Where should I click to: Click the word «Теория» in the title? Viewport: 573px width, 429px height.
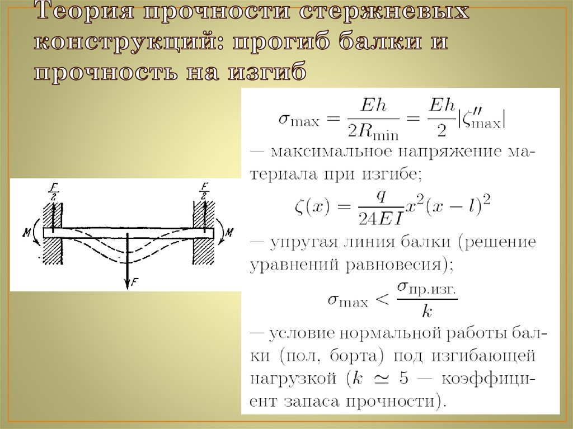click(85, 11)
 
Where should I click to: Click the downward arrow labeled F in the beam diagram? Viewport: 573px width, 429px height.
click(128, 261)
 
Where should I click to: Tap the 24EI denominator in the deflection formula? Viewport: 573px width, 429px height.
click(381, 219)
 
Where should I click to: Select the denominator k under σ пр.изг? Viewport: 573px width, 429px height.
click(427, 312)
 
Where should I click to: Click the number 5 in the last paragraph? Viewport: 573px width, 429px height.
click(403, 379)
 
